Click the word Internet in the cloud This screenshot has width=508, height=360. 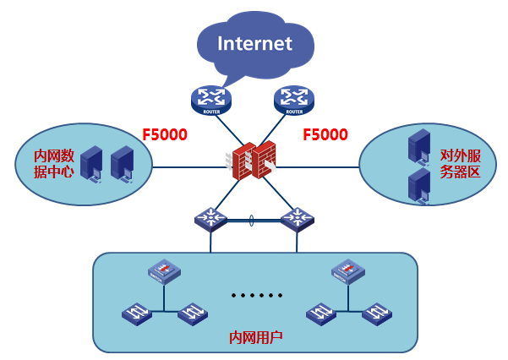[254, 43]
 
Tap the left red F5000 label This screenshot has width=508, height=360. [164, 134]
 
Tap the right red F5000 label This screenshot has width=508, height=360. [325, 134]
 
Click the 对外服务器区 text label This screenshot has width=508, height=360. [460, 163]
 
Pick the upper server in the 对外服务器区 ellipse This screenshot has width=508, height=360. [418, 145]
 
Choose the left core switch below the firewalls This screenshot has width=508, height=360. [210, 219]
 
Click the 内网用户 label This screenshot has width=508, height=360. [256, 337]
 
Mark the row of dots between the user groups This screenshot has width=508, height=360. [254, 297]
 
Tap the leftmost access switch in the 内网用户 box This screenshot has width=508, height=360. [136, 315]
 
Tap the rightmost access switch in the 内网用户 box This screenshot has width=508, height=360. [377, 315]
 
